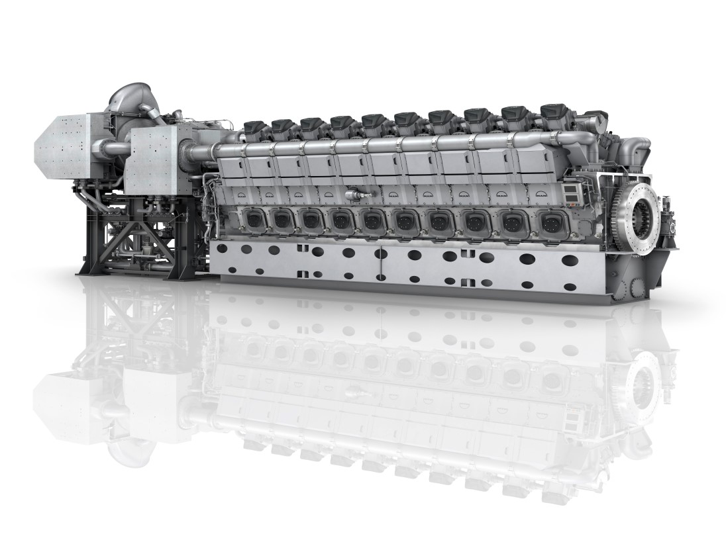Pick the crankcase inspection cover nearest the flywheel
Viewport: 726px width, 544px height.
[551, 223]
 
